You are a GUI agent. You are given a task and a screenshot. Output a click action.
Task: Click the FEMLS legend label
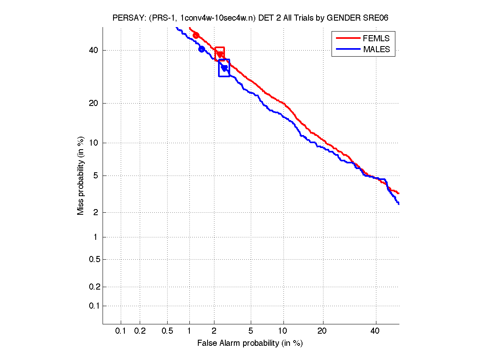376,38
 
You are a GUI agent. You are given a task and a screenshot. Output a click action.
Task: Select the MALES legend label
376,49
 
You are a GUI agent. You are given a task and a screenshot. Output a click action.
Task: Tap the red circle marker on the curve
196,36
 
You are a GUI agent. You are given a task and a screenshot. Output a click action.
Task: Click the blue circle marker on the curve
202,49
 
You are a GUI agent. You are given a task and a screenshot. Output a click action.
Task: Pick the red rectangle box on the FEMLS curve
220,53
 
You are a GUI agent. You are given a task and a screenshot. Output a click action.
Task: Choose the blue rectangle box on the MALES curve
224,68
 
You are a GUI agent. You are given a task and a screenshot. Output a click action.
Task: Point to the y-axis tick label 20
93,103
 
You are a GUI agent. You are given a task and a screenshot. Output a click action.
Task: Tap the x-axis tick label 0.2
140,331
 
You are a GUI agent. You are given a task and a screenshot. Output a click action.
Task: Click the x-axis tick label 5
251,331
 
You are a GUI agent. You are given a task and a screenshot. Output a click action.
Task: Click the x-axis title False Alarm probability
250,343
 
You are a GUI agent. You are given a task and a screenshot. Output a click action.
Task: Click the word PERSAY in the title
127,18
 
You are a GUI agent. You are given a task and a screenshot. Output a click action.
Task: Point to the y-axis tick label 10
93,143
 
